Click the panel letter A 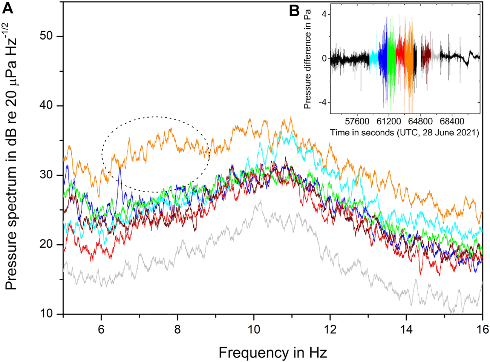point(8,8)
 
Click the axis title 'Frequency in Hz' point(273,353)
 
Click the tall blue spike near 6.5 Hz point(120,169)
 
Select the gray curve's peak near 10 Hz point(260,201)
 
